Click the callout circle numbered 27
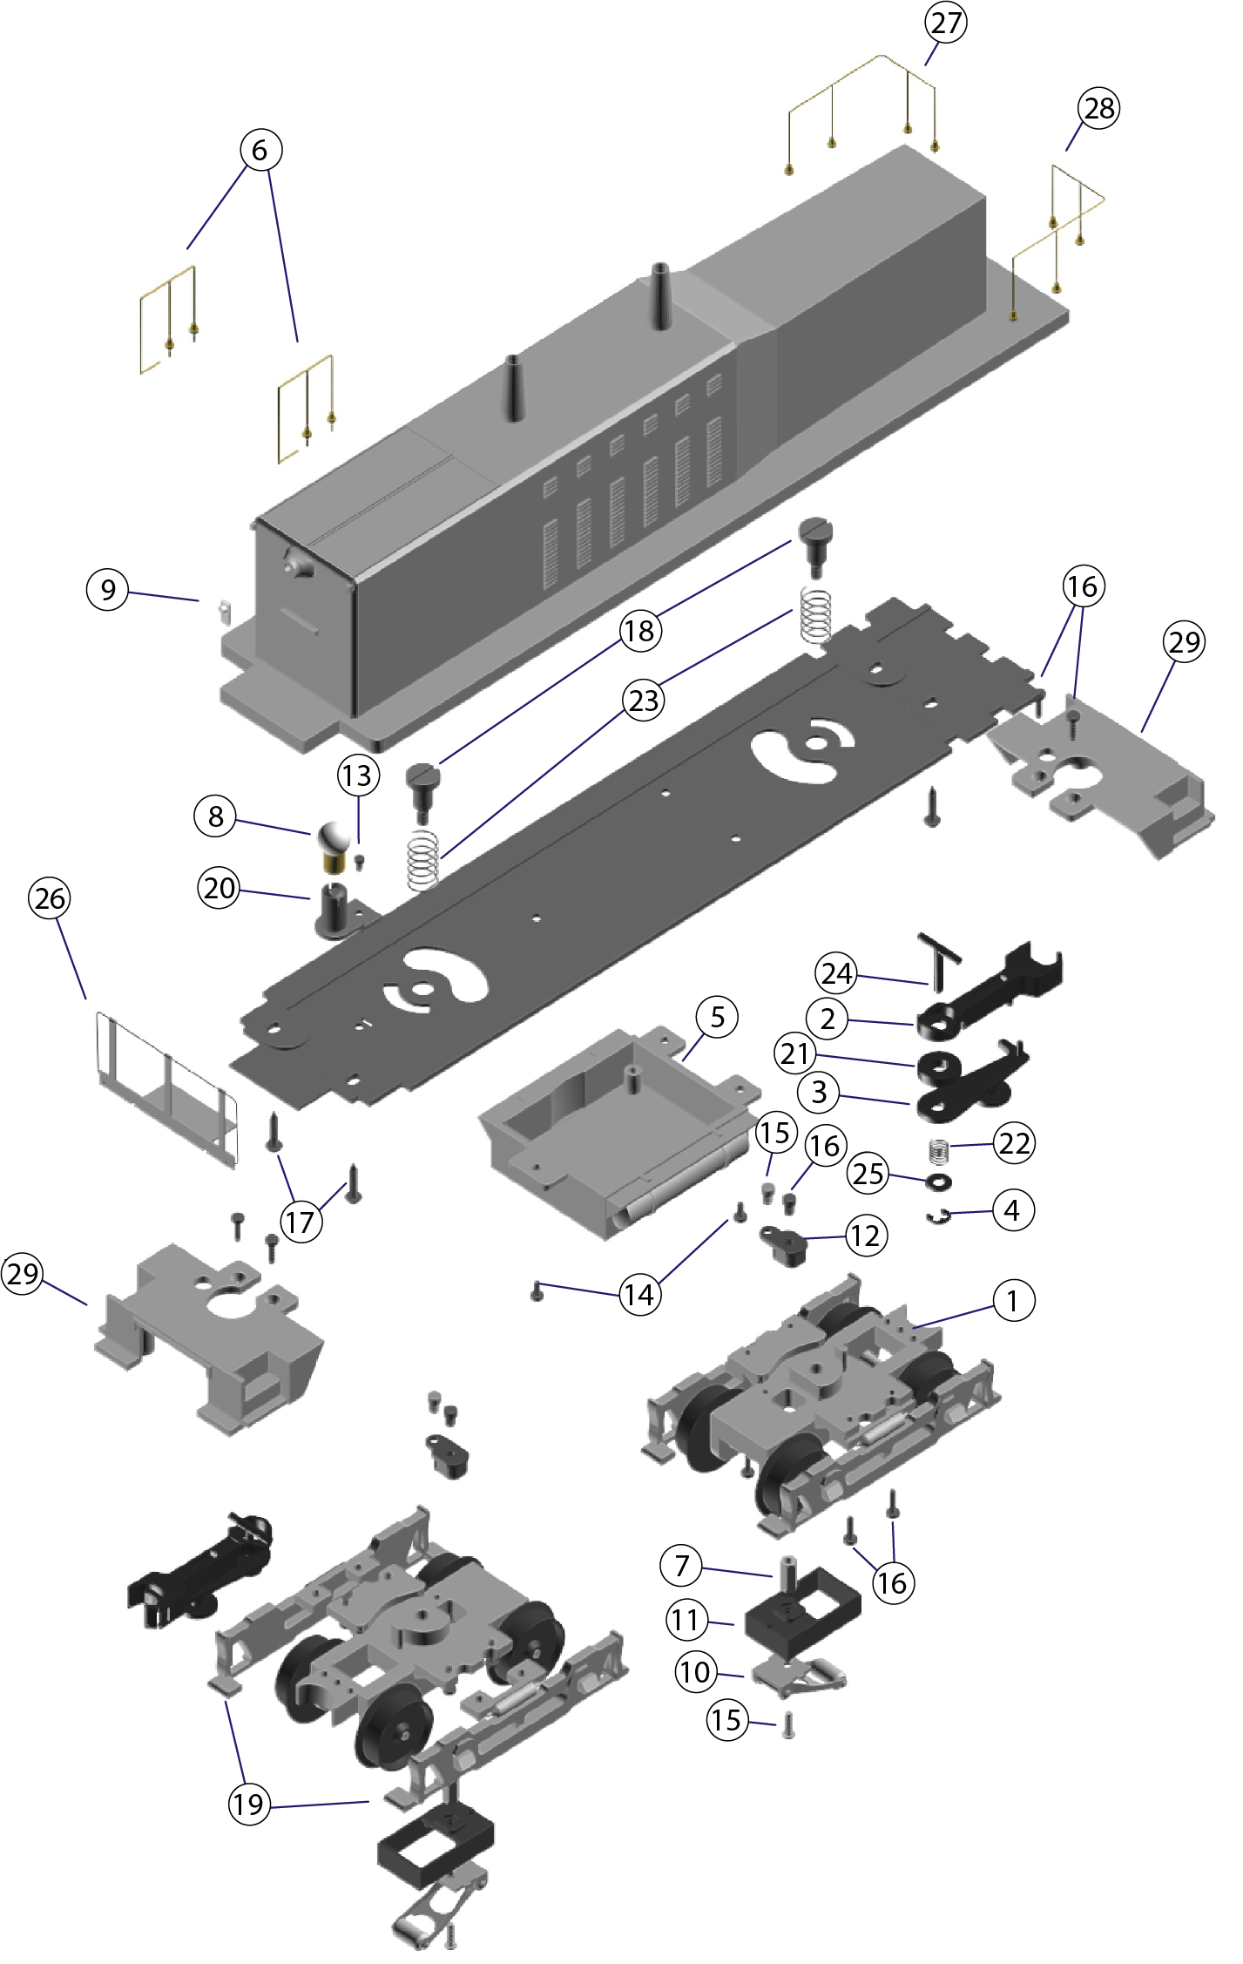click(x=945, y=23)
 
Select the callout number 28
click(x=1098, y=109)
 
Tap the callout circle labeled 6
click(x=260, y=151)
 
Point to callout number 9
click(x=108, y=590)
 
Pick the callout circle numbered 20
click(x=220, y=888)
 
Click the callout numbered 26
click(x=50, y=898)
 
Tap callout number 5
click(x=717, y=1017)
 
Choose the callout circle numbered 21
click(x=794, y=1054)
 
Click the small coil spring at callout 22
click(x=937, y=1151)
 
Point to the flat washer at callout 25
click(x=939, y=1182)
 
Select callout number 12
click(x=865, y=1236)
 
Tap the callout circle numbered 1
click(x=1013, y=1300)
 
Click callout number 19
click(x=249, y=1803)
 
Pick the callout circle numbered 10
click(x=696, y=1671)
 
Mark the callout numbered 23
click(x=644, y=701)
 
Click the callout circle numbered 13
click(x=357, y=775)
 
